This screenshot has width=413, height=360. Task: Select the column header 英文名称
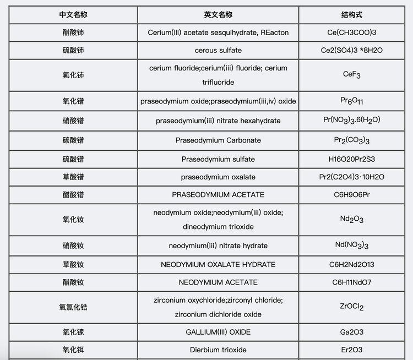coord(218,15)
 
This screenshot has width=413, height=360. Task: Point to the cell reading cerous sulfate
coord(218,50)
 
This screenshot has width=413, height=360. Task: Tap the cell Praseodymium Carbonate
coord(218,140)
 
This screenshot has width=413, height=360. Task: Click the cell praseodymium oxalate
coord(218,177)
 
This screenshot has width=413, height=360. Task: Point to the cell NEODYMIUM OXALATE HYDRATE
coord(218,265)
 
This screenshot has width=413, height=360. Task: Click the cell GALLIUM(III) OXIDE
coord(218,332)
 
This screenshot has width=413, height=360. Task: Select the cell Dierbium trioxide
coord(218,350)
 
